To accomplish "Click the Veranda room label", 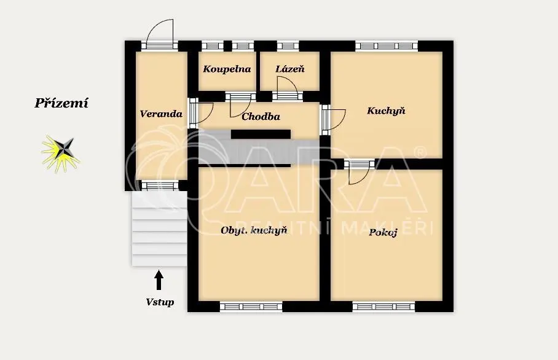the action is click(x=161, y=114).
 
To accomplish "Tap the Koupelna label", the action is click(x=227, y=69).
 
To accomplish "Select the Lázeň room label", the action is click(x=290, y=69).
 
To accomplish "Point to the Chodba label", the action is click(x=261, y=116).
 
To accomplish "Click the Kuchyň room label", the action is click(x=386, y=111).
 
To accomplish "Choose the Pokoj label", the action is click(x=383, y=233).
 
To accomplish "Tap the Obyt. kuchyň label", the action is click(x=254, y=230).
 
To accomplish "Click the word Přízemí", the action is click(x=61, y=103).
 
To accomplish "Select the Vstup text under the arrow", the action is click(x=160, y=302).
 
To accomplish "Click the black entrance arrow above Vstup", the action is click(x=159, y=280).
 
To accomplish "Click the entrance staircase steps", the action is click(x=159, y=229).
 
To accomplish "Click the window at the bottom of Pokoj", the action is click(x=383, y=307).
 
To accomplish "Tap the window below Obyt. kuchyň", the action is click(x=251, y=307).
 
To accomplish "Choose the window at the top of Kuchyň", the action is click(x=387, y=45).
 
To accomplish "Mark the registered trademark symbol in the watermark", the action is click(x=420, y=152).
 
